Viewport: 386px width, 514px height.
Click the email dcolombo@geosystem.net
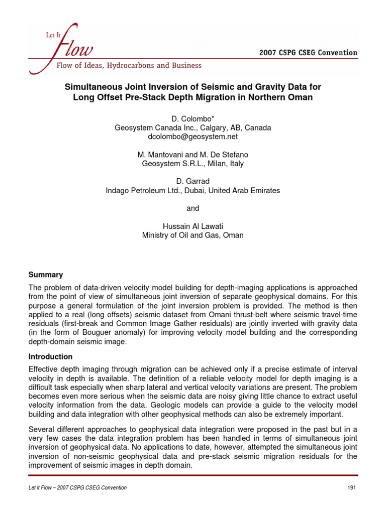point(193,137)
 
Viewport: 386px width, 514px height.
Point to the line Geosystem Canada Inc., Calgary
point(193,127)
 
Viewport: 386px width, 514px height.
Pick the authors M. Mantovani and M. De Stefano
point(193,155)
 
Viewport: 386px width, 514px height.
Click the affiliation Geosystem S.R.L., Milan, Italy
point(193,164)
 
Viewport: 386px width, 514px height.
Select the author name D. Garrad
point(193,182)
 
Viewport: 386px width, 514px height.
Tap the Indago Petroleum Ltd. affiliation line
point(193,191)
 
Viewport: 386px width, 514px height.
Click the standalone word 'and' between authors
point(193,208)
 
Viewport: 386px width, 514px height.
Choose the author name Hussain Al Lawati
point(193,226)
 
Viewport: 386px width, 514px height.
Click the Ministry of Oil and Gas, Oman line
point(193,235)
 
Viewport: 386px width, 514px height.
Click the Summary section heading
point(45,275)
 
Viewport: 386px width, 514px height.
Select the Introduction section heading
point(51,356)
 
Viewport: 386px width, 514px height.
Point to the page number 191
point(351,487)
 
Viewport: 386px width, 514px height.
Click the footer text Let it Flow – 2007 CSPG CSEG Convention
point(77,487)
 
